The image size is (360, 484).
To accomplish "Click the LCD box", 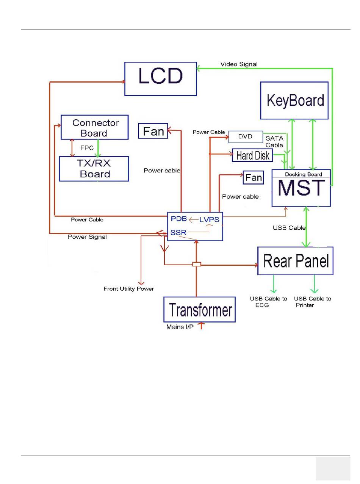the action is pos(161,79).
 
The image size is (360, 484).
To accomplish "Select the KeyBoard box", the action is pos(294,100).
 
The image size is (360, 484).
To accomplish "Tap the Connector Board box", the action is pos(94,127).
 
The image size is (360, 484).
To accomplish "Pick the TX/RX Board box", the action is pos(94,169).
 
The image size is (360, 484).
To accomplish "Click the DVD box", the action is pos(246,137).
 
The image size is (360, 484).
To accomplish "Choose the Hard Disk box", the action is pos(252,155).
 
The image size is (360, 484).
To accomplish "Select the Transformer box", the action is pos(199,309).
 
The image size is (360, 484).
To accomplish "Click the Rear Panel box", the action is pos(295,261).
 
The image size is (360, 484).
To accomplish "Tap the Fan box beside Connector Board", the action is pos(153,131).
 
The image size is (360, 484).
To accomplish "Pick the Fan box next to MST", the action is pos(253,177).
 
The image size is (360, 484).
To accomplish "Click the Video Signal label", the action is pos(239,64).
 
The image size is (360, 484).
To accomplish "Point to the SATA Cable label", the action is pos(274,142).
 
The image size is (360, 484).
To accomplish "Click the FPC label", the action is pos(87,148).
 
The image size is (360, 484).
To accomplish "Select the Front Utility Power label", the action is pos(129,289).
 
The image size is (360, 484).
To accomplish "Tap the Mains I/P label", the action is pos(180,327).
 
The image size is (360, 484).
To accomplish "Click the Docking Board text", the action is pos(304,174).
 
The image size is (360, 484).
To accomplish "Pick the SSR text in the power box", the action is pos(178,233).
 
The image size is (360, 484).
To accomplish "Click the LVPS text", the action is pos(209,219).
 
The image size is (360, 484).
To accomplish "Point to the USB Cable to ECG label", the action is pos(268,302).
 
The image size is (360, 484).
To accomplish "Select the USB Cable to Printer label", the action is pos(312,302).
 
